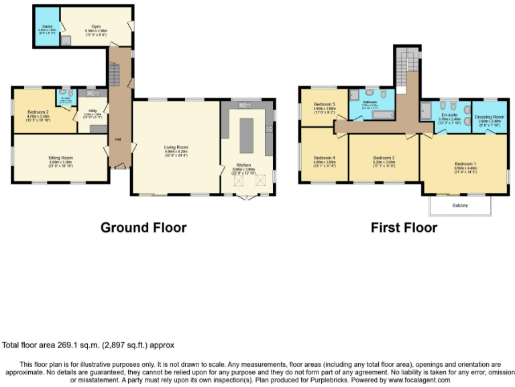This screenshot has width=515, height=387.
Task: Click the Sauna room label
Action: (46, 28)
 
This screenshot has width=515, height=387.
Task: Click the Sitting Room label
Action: (61, 158)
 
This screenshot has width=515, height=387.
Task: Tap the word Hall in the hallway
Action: (118, 139)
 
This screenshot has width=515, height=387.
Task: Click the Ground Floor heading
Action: (143, 228)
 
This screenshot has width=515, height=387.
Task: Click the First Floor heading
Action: (404, 228)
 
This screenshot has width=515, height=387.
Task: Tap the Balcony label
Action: (460, 205)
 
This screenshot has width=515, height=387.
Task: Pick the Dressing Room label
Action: (489, 117)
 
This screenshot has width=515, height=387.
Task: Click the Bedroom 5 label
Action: (325, 104)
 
